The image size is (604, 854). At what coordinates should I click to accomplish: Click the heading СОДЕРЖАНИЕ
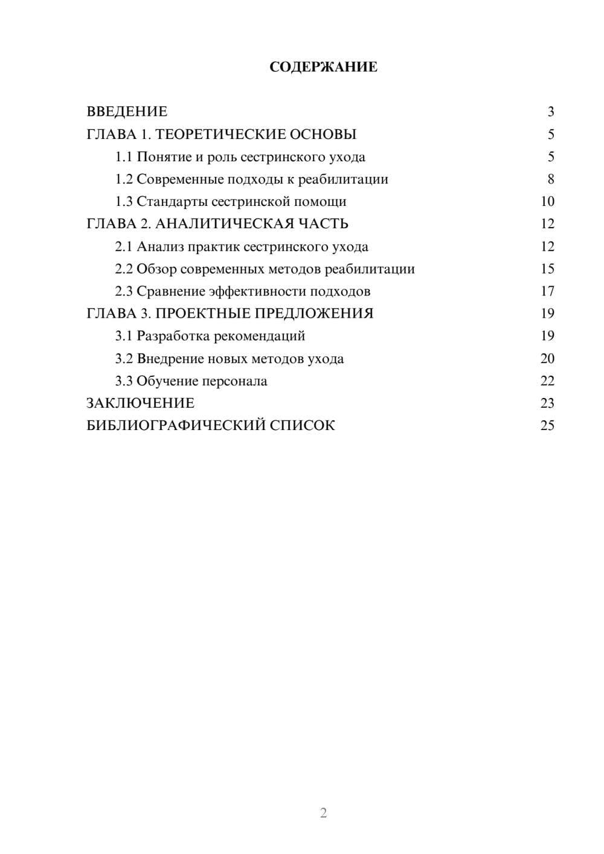[323, 67]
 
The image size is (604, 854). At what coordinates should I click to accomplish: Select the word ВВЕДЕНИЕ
[127, 112]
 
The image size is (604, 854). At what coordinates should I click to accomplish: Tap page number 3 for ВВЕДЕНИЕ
[550, 112]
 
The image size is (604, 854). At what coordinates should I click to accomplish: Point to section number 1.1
[124, 157]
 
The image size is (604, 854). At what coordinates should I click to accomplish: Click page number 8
[550, 179]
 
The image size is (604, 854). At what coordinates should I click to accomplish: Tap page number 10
[547, 202]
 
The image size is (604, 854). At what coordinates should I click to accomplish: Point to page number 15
[547, 269]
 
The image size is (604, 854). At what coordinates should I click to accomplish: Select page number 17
[547, 292]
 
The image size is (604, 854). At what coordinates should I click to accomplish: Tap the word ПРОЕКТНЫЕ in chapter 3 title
[203, 313]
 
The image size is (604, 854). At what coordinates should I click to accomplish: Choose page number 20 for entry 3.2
[547, 359]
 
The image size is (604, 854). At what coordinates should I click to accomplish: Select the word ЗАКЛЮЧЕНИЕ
[140, 403]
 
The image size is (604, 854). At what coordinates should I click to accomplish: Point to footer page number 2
[323, 813]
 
